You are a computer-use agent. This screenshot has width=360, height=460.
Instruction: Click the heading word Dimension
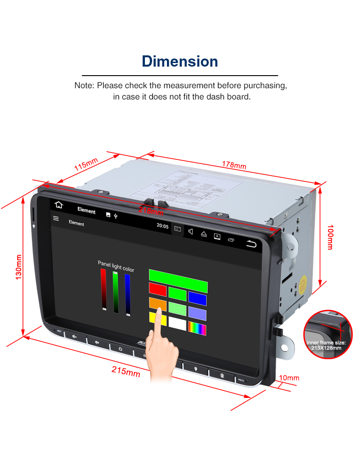(180, 61)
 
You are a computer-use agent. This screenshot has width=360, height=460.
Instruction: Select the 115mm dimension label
(86, 164)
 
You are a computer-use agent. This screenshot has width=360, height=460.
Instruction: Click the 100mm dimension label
(330, 237)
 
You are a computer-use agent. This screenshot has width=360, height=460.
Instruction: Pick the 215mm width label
(126, 371)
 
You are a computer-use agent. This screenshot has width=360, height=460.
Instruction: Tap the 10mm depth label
(289, 378)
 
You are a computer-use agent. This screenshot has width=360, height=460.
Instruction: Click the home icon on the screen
(58, 205)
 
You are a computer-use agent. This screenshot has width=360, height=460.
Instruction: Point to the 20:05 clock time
(162, 226)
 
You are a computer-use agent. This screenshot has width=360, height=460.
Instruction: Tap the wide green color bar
(178, 275)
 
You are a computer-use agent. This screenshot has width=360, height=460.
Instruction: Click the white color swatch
(177, 325)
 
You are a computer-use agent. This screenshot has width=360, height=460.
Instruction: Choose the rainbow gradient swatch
(197, 329)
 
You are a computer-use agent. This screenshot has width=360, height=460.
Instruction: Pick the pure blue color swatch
(197, 298)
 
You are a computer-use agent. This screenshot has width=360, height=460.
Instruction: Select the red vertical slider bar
(103, 290)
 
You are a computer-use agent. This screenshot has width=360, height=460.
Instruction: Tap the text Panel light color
(116, 266)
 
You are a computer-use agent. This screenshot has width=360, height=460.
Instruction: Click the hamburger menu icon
(56, 218)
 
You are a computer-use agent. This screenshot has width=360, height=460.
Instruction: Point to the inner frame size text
(327, 345)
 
